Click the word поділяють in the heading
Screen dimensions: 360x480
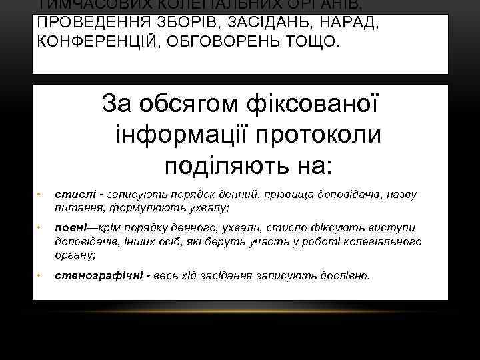coord(215,163)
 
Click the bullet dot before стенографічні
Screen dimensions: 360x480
coord(39,275)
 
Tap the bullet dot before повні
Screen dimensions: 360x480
coord(39,230)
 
